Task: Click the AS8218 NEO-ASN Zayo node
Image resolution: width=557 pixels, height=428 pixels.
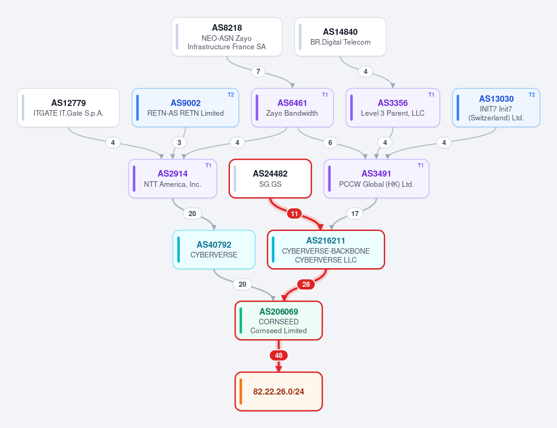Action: tap(227, 37)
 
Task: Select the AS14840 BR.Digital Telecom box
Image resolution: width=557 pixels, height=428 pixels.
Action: tap(341, 37)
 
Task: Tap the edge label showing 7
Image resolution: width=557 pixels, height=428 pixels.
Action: tap(258, 72)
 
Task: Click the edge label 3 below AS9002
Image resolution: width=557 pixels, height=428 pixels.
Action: tap(179, 143)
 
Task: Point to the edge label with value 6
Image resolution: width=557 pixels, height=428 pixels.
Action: tap(330, 143)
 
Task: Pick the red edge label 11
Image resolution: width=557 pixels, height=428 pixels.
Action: tap(294, 214)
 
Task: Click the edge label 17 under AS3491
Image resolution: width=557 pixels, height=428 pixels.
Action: tap(355, 214)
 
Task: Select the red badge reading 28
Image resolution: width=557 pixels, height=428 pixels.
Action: tap(306, 284)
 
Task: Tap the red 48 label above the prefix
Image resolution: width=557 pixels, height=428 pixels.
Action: tap(279, 356)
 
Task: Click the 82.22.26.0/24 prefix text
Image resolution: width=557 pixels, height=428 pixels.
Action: tap(279, 392)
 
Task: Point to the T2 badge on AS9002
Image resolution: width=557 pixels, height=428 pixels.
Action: tap(231, 94)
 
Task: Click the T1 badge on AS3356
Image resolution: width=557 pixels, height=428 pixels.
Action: tap(431, 94)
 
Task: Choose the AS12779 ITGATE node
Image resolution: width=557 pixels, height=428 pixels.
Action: tap(69, 108)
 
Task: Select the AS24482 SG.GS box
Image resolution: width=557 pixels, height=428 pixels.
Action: tap(270, 178)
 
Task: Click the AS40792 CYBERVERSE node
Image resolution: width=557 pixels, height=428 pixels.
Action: tap(214, 250)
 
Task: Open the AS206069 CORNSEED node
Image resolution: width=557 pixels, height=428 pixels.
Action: tap(279, 321)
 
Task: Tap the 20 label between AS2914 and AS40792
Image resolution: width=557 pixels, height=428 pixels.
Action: tap(192, 214)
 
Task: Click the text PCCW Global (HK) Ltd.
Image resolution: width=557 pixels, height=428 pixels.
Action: tap(377, 184)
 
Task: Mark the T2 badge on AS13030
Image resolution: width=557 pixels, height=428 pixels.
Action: tap(532, 94)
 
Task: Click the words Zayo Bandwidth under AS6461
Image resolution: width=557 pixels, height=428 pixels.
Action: tap(292, 113)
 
